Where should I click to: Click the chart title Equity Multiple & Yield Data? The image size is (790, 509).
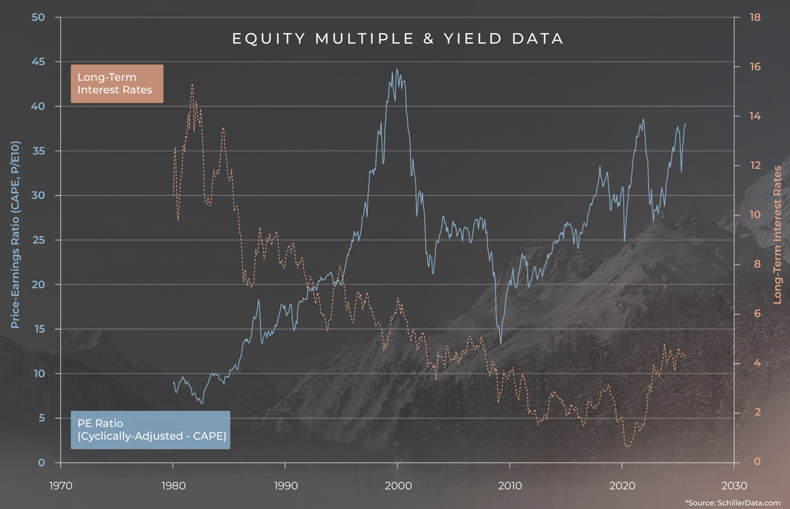click(x=398, y=39)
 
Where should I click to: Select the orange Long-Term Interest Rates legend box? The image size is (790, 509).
click(x=117, y=84)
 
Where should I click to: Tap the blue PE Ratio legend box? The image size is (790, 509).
click(x=150, y=430)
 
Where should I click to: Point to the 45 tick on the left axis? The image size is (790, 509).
click(x=38, y=62)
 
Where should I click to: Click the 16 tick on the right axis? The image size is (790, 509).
click(x=755, y=67)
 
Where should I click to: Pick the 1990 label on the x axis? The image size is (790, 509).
click(x=286, y=486)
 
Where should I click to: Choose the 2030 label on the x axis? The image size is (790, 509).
click(x=734, y=486)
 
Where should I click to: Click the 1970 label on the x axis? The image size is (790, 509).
click(x=61, y=486)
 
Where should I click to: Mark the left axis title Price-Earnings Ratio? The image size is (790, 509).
click(x=15, y=234)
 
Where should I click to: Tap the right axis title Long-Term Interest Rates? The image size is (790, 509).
click(x=778, y=234)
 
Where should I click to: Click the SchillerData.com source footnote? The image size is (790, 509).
click(x=732, y=502)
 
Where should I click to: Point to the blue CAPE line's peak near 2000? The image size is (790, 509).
click(x=397, y=69)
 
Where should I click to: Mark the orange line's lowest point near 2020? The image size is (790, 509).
click(x=627, y=447)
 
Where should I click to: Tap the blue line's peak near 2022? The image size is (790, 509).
click(x=643, y=119)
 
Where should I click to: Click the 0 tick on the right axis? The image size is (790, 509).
click(x=757, y=462)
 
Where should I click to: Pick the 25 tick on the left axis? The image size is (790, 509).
click(x=38, y=240)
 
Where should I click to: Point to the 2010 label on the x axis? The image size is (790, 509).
click(x=510, y=486)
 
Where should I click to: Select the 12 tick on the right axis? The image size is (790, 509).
click(x=755, y=165)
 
